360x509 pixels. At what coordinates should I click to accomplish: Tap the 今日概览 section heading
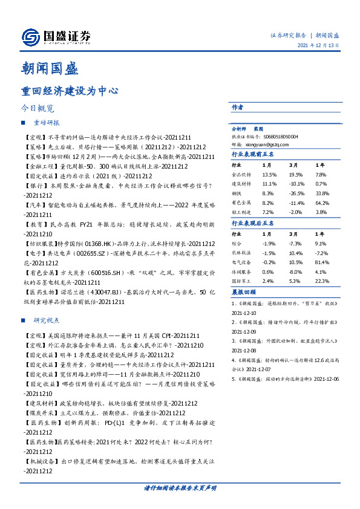point(38,109)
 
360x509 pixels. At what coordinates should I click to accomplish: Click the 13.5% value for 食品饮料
point(268,174)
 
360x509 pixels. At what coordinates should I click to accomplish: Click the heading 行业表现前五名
point(253,155)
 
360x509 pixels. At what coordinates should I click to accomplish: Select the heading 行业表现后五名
point(253,224)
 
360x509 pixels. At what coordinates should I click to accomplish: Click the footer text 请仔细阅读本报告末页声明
point(180,487)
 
